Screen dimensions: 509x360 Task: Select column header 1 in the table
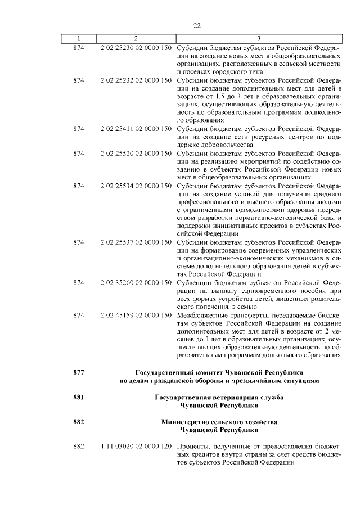coord(79,38)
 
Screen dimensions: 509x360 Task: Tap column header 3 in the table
coord(258,38)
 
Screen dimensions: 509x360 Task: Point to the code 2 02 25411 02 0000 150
coord(136,129)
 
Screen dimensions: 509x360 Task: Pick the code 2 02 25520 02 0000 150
coord(136,153)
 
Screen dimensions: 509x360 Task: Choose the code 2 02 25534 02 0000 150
coord(136,186)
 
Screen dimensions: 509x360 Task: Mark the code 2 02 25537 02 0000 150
coord(136,242)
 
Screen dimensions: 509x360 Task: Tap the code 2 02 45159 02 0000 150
coord(136,315)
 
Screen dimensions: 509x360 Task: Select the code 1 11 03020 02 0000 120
coord(136,446)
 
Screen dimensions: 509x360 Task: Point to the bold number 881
coord(79,397)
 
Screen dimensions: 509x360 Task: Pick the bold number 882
coord(79,421)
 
